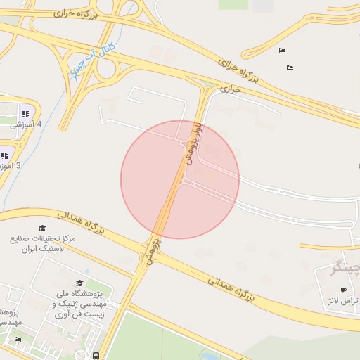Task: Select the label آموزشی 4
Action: click(27, 124)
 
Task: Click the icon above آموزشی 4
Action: click(26, 113)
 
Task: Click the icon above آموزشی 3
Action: click(4, 155)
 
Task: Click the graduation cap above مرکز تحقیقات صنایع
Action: click(42, 229)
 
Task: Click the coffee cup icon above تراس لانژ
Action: click(343, 290)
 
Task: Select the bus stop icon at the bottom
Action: click(96, 356)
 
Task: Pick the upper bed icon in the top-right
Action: click(282, 50)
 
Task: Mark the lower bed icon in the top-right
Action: click(289, 67)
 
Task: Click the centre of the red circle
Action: click(180, 179)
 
